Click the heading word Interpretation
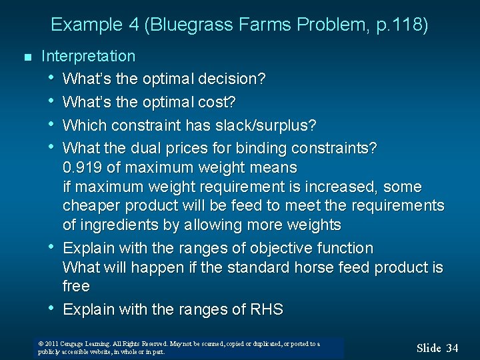[88, 56]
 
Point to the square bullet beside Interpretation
[27, 57]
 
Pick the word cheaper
[92, 205]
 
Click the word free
[75, 287]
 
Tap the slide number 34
[452, 348]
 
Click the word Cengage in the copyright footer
[75, 344]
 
